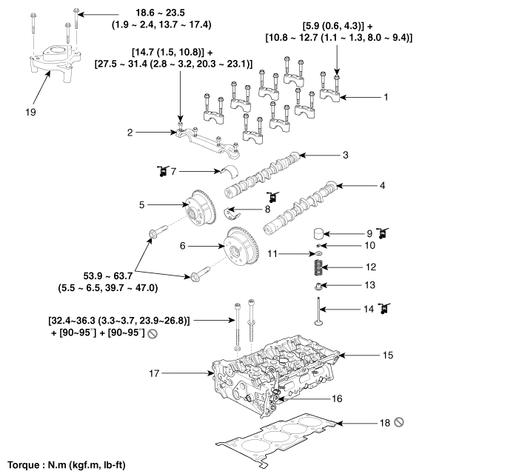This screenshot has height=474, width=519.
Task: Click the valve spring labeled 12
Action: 318,265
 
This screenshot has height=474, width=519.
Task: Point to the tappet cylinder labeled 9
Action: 318,232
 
